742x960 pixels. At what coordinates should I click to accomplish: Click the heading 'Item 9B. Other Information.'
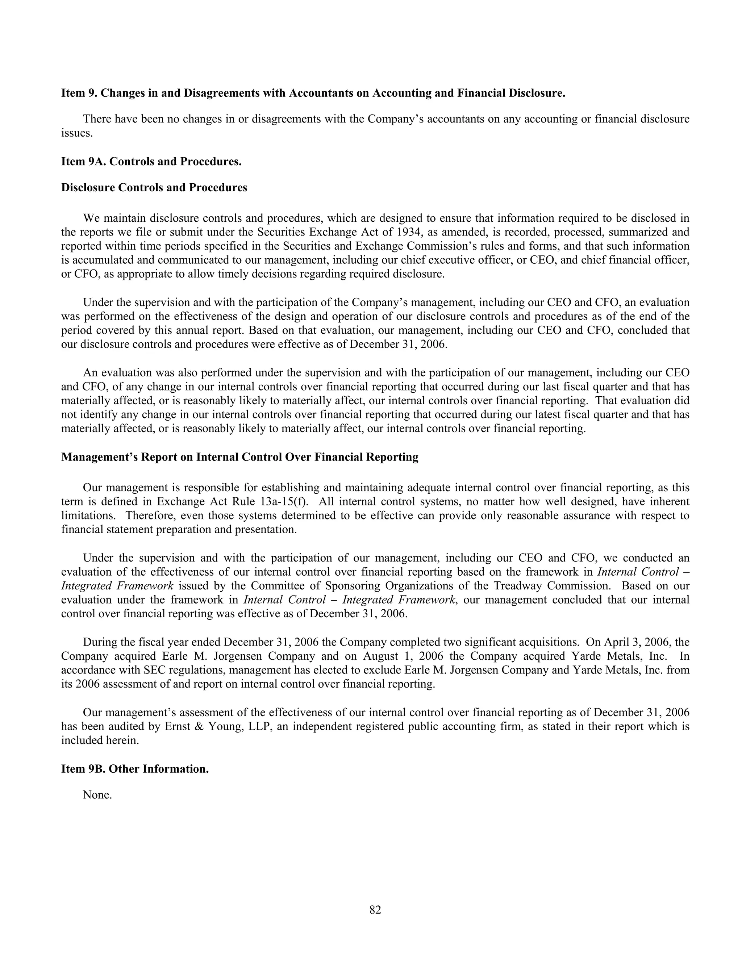pos(135,769)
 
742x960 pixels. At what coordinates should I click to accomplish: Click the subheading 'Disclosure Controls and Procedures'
pos(154,188)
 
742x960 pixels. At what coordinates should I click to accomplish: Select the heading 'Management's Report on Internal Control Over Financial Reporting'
pos(239,457)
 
